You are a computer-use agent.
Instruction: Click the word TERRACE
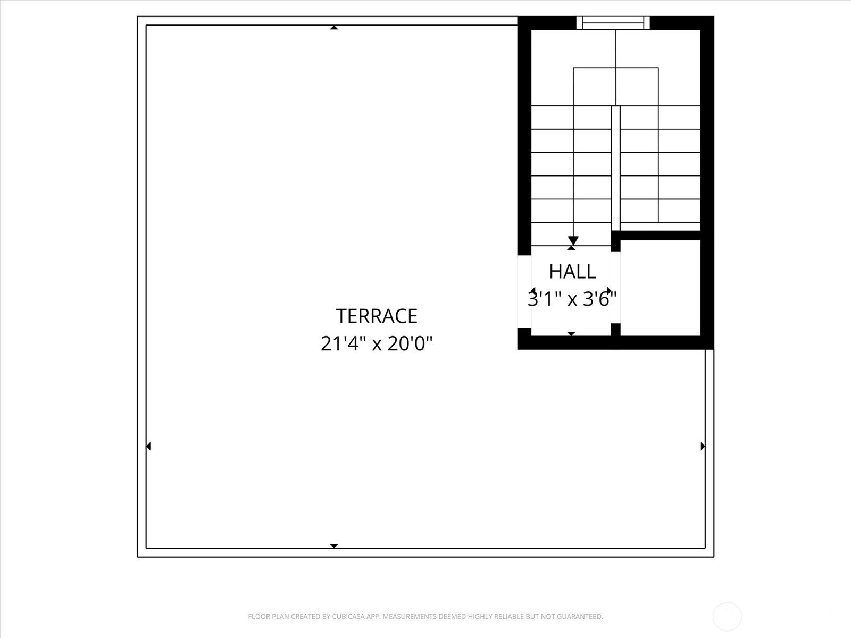pyautogui.click(x=377, y=316)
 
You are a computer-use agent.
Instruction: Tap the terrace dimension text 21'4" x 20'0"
pyautogui.click(x=377, y=344)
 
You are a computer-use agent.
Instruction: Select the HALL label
pyautogui.click(x=572, y=272)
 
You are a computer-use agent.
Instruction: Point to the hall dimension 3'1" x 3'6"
pyautogui.click(x=572, y=299)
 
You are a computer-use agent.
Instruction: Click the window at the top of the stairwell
pyautogui.click(x=613, y=23)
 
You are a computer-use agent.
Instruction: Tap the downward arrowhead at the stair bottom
pyautogui.click(x=573, y=240)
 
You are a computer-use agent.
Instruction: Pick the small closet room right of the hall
pyautogui.click(x=660, y=288)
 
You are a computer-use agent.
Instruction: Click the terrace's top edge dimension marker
pyautogui.click(x=334, y=27)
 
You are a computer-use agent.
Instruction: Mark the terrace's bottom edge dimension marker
pyautogui.click(x=334, y=545)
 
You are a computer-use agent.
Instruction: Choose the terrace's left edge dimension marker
pyautogui.click(x=148, y=446)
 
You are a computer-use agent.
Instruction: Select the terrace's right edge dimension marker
pyautogui.click(x=703, y=446)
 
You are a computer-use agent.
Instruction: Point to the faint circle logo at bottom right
pyautogui.click(x=727, y=617)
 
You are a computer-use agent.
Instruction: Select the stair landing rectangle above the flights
pyautogui.click(x=615, y=86)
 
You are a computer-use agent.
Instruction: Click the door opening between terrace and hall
pyautogui.click(x=524, y=291)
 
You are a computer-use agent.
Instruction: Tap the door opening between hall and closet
pyautogui.click(x=615, y=287)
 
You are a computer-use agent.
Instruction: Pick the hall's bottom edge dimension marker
pyautogui.click(x=571, y=334)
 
